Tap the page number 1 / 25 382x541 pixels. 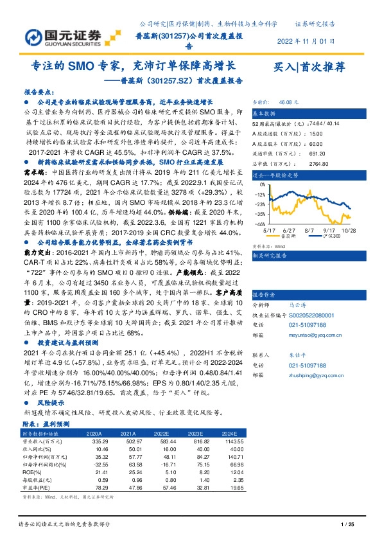click(347, 525)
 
